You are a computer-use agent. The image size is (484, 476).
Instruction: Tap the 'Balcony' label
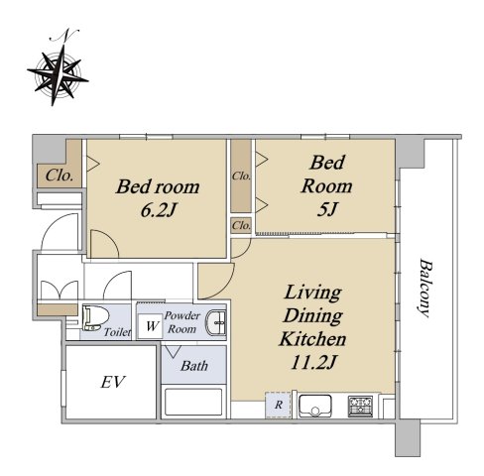tap(425, 288)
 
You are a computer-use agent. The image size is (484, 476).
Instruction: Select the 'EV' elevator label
tap(113, 382)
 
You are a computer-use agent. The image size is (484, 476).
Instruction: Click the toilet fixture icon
tap(95, 318)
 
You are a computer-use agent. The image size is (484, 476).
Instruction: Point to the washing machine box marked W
tap(151, 326)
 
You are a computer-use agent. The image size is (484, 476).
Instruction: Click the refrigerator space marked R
tap(279, 405)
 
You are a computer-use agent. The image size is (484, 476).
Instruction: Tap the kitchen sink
tap(314, 406)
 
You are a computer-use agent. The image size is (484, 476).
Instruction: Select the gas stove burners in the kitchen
tap(360, 406)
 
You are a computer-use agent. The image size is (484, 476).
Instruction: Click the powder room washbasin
tap(216, 322)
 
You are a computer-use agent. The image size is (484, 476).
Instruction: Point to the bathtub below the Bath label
tap(193, 402)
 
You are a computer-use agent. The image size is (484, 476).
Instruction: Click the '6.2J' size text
tap(158, 210)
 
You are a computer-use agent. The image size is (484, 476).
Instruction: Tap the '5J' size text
tap(326, 209)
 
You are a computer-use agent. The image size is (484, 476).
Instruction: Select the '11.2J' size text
tap(312, 362)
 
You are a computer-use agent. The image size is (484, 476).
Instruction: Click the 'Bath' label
tap(194, 366)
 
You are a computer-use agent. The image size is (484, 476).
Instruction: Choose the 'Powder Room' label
tap(182, 322)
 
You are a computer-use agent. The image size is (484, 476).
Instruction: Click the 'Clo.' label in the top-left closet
tap(60, 176)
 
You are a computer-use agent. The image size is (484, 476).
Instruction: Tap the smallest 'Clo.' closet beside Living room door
tap(241, 226)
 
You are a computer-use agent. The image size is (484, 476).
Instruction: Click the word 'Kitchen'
tap(312, 339)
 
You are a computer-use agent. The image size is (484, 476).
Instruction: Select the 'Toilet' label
tap(117, 332)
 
